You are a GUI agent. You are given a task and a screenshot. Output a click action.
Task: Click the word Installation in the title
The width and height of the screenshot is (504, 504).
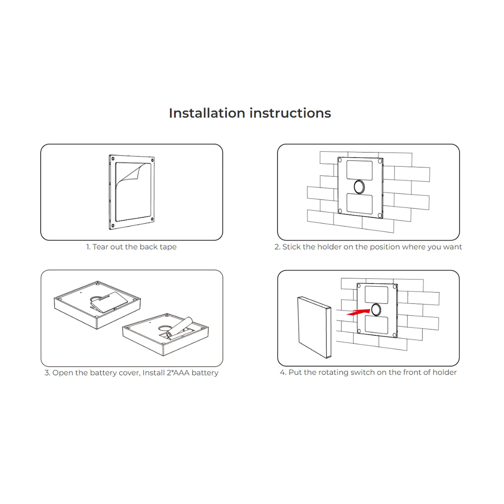207,113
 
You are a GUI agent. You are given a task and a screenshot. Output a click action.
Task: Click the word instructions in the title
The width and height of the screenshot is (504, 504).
290,113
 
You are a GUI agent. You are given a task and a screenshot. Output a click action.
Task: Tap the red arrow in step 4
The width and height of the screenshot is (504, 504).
358,312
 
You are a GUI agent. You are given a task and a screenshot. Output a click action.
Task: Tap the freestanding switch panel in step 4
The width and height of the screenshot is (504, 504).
314,327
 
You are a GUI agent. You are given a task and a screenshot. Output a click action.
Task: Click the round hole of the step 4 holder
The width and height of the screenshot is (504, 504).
376,310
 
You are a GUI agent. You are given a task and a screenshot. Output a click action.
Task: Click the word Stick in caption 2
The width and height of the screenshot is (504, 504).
291,247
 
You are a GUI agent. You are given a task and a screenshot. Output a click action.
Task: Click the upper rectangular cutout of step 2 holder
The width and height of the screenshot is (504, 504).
360,170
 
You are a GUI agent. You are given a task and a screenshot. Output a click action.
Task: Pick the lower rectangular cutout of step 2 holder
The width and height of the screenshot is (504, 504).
360,204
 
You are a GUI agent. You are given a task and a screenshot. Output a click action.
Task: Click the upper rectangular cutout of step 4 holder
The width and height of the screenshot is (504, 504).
376,295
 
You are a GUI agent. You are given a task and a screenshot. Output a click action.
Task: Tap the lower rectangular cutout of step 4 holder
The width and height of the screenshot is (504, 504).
376,325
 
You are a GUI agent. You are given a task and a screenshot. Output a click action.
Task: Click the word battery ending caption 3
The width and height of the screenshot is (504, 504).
205,372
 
